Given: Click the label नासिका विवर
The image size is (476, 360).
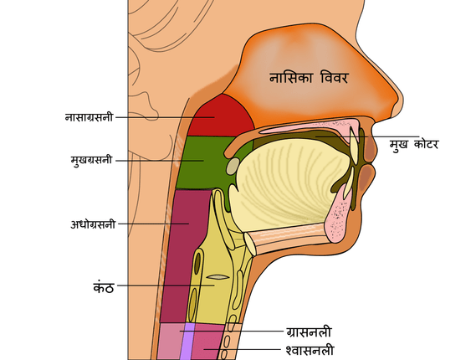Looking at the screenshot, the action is tap(309, 78).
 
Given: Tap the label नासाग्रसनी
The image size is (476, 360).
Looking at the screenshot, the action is tap(89, 117).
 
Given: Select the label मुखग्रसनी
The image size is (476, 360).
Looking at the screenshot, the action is tap(91, 160).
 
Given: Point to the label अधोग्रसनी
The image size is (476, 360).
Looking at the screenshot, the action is tap(93, 224).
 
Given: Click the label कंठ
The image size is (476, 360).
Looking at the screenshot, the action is tap(104, 286).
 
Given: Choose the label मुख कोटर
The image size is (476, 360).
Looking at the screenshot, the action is tap(414, 144).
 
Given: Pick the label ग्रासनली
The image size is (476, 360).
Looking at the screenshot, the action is tap(309, 332).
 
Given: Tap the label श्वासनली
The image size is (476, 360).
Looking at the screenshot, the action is tap(310, 350).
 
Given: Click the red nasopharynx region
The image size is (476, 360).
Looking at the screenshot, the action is tap(221, 116).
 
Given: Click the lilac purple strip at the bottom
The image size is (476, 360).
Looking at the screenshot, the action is tap(187, 342).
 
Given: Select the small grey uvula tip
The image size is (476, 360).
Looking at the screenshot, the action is tap(233, 166).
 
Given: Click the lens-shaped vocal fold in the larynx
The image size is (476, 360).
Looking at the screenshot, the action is tap(218, 277).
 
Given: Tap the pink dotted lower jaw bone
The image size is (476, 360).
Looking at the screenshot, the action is tap(337, 216).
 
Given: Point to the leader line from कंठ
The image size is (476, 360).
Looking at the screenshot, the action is tap(166, 285).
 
